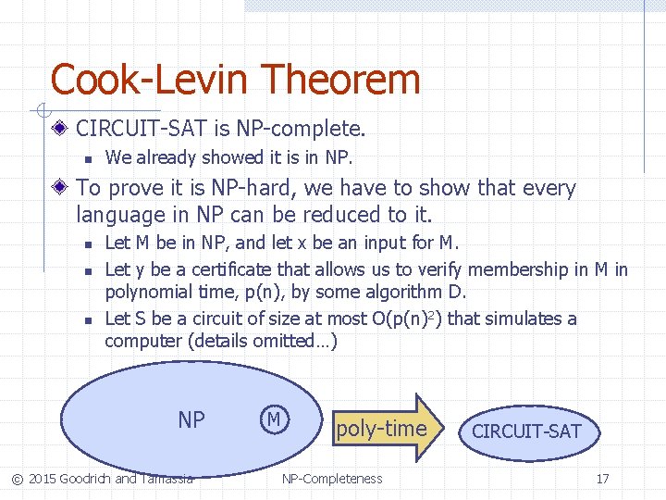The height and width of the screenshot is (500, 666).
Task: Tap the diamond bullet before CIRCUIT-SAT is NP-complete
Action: [61, 127]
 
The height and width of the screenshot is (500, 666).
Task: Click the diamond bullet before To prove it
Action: [61, 189]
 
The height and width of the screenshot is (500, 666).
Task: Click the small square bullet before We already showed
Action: [85, 158]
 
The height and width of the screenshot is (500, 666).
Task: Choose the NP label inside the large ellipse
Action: [191, 420]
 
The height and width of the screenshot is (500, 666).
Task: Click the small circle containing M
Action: [273, 419]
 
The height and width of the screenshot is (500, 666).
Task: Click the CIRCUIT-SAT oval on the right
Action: [526, 431]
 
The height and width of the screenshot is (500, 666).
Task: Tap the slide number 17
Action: [602, 479]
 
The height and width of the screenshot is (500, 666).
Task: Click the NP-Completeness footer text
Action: [332, 479]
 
